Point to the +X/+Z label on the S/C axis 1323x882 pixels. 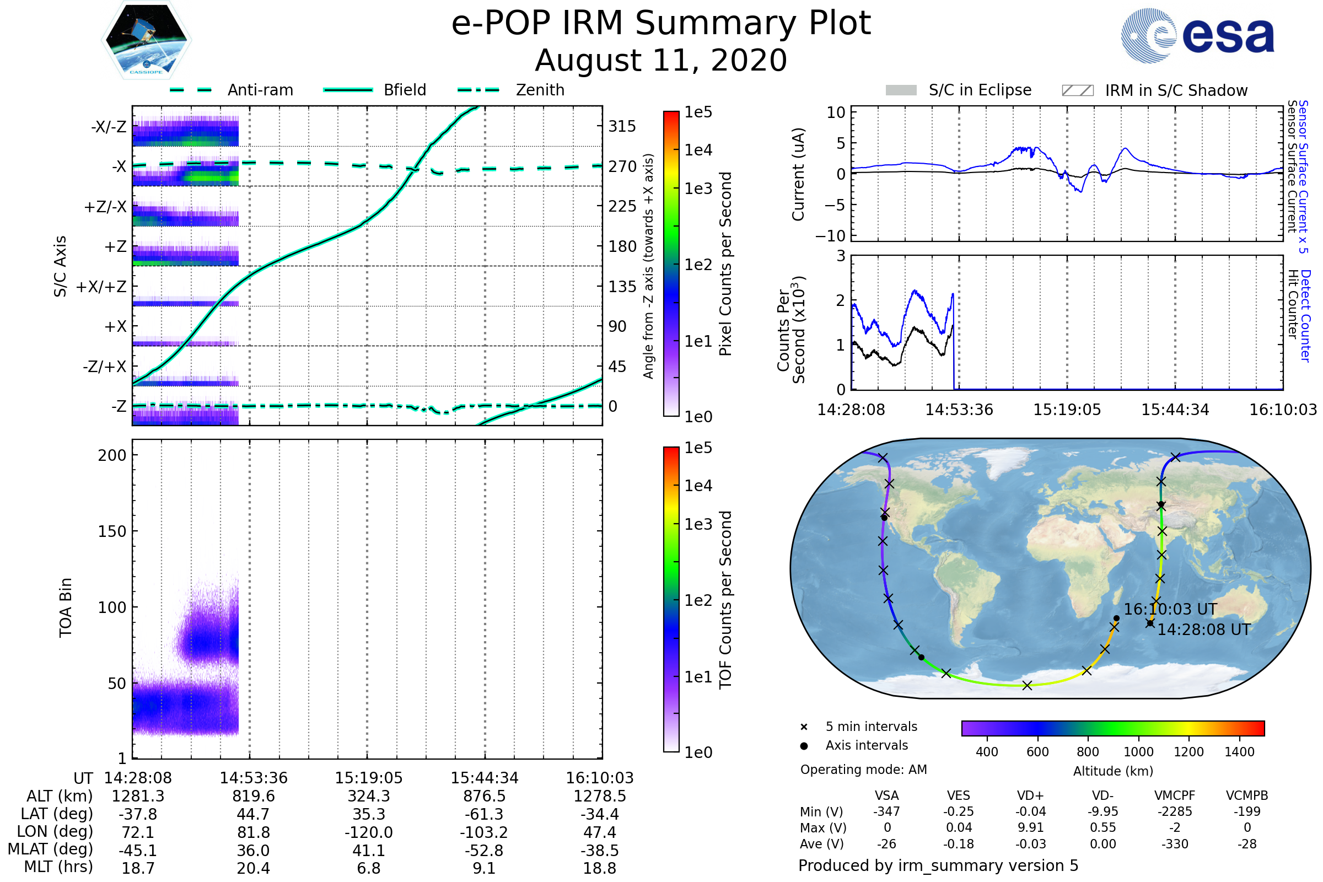(x=101, y=287)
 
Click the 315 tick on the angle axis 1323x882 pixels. (x=622, y=126)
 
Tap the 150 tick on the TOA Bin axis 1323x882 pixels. (x=112, y=531)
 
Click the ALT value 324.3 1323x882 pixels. (x=368, y=796)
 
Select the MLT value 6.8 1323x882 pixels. (x=368, y=868)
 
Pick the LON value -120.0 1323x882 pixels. (x=368, y=832)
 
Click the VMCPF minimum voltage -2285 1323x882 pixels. (x=1174, y=811)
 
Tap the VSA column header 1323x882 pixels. (x=886, y=795)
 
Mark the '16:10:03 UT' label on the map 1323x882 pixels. (x=1170, y=609)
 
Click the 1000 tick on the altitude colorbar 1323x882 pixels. (x=1138, y=752)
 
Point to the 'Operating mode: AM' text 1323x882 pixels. (x=863, y=770)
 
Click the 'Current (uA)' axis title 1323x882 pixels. (x=798, y=174)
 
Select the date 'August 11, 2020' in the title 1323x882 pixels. (x=661, y=60)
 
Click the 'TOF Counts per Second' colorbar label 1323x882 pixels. (x=725, y=600)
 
